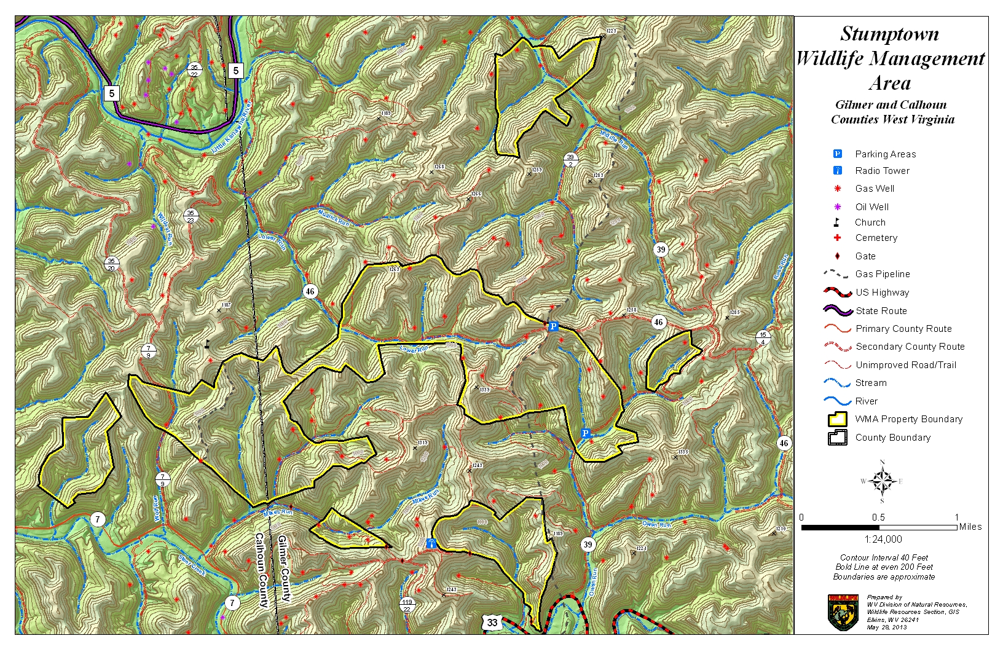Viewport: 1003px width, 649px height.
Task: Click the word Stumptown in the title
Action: tap(889, 34)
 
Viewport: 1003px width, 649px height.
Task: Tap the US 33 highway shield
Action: tap(492, 623)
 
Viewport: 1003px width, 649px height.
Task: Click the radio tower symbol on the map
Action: tap(431, 543)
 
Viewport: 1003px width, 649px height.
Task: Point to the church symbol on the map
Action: tap(207, 344)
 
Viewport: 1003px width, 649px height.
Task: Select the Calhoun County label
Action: tap(261, 570)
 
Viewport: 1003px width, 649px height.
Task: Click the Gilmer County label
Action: tap(284, 568)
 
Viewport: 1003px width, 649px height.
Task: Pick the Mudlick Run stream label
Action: tap(334, 219)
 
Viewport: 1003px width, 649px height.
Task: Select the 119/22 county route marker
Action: tap(407, 605)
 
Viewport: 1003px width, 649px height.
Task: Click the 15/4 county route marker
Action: tap(763, 338)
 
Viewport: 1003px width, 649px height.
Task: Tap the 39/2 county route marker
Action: tap(570, 160)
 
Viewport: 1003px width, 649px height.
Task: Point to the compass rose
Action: tap(882, 481)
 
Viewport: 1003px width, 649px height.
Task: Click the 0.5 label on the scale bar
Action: tap(878, 517)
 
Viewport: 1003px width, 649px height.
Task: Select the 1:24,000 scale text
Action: tap(883, 539)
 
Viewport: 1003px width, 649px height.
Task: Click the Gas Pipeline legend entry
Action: tap(882, 274)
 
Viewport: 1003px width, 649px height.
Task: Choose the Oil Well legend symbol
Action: tap(837, 206)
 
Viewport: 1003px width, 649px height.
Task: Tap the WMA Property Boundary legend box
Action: tap(838, 419)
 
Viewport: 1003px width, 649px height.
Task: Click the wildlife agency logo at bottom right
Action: tap(843, 612)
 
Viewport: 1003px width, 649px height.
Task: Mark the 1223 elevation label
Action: tap(611, 31)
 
